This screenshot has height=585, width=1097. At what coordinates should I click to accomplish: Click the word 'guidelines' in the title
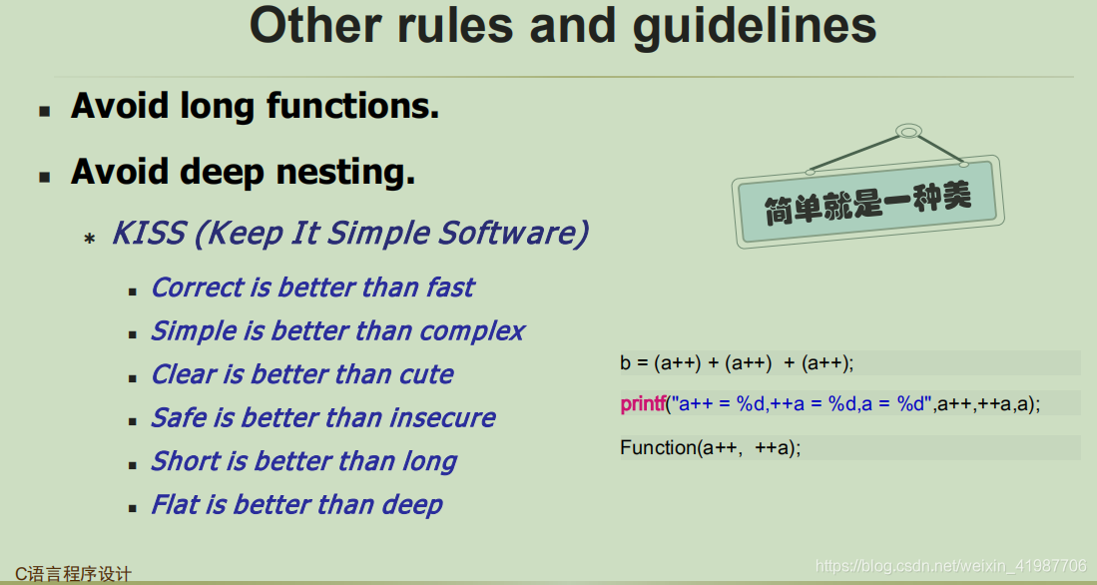click(x=755, y=27)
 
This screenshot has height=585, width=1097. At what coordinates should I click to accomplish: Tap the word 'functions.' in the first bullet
click(x=352, y=107)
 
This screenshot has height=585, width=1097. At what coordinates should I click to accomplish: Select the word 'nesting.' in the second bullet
click(x=345, y=172)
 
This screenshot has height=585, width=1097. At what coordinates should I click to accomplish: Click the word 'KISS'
click(x=149, y=233)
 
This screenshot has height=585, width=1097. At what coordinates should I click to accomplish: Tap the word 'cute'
click(x=426, y=374)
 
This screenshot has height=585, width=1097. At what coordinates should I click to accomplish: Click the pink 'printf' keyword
click(x=643, y=403)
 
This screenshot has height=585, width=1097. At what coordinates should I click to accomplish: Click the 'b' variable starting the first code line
click(x=625, y=362)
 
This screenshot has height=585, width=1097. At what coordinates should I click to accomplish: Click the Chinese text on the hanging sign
click(x=867, y=202)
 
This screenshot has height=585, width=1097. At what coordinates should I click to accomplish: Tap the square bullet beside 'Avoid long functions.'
click(x=45, y=111)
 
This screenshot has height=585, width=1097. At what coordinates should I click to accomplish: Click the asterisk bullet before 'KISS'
click(x=90, y=239)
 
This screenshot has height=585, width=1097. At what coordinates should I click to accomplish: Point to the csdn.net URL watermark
click(x=951, y=565)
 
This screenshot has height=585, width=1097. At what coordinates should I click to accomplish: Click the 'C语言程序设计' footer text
click(x=74, y=574)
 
